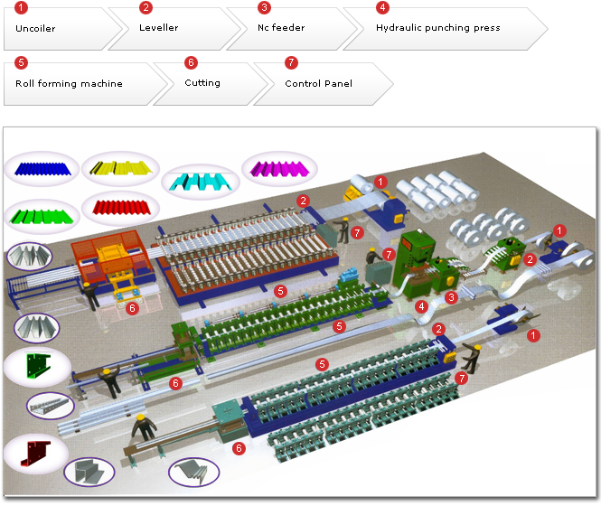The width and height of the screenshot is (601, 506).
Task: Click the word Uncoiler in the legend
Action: click(x=35, y=29)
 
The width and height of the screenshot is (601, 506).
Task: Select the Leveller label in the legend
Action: click(x=158, y=28)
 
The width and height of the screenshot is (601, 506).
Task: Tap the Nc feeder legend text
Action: click(x=281, y=28)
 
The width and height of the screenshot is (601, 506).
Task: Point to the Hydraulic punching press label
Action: click(x=437, y=28)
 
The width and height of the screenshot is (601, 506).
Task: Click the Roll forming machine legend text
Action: click(x=69, y=83)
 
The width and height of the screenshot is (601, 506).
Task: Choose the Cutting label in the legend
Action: click(x=202, y=83)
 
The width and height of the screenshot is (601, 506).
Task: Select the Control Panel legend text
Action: click(x=318, y=83)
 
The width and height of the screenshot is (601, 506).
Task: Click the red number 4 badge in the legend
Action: click(x=382, y=7)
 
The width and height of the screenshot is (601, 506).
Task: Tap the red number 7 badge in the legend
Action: click(x=290, y=62)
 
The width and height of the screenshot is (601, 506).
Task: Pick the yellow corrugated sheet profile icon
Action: click(x=119, y=168)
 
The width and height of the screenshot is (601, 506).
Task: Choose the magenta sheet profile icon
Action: click(x=279, y=168)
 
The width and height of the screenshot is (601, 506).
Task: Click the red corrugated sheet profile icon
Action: click(x=119, y=210)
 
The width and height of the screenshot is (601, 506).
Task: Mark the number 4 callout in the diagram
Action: click(x=421, y=307)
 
